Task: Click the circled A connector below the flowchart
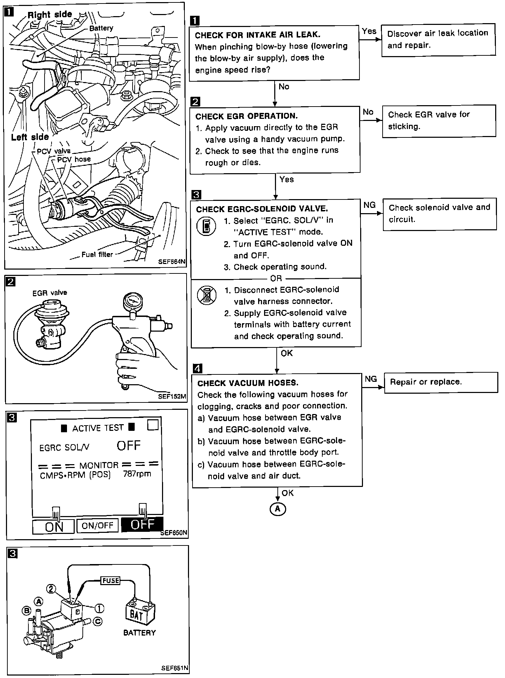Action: (x=278, y=509)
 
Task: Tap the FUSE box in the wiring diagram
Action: (x=110, y=581)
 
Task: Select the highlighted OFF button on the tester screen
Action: (x=142, y=525)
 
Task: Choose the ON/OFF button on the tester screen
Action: (x=97, y=526)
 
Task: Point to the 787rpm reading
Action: (x=137, y=474)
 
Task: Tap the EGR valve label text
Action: (x=49, y=293)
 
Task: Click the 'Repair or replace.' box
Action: (x=441, y=382)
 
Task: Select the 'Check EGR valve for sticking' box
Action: (x=439, y=121)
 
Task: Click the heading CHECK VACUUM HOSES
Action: (x=248, y=383)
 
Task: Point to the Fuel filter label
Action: (x=97, y=255)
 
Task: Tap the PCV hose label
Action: (x=74, y=159)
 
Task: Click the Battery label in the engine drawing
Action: (x=101, y=28)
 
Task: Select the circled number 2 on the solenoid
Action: (x=52, y=589)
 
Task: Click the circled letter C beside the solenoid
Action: (x=98, y=621)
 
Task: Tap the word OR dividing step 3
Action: (x=276, y=279)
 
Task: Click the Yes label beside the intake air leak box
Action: (x=369, y=31)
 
